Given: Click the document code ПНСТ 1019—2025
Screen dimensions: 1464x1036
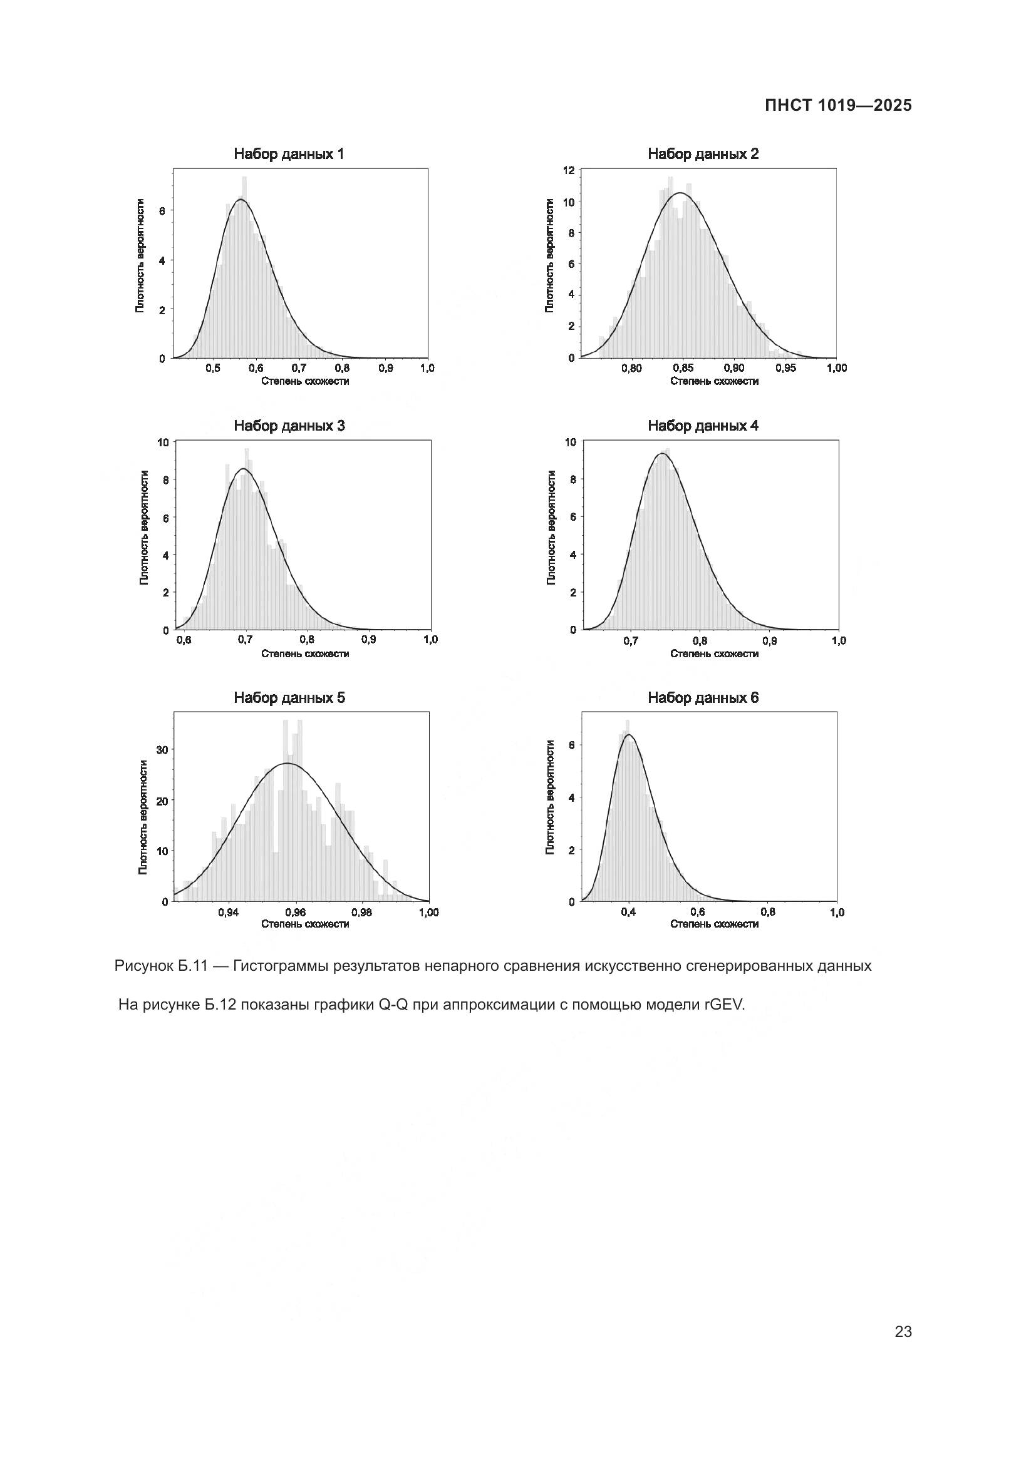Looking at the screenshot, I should (838, 106).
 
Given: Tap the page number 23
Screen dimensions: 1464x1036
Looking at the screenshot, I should (903, 1331).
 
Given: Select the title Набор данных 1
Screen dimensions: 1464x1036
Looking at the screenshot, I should (289, 154).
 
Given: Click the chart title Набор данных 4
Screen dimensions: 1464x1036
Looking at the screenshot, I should (703, 426).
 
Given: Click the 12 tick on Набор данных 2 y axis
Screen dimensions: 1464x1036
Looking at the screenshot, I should (569, 170).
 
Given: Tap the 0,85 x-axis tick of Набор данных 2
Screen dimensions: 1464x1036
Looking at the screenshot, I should (683, 368).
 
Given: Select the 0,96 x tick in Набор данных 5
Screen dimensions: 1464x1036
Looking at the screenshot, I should (296, 913).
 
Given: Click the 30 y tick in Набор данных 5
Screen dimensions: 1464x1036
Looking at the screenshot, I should (162, 750).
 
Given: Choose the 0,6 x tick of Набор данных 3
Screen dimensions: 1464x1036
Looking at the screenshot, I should (183, 640).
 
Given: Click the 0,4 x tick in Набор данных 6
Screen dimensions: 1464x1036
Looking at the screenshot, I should (628, 913).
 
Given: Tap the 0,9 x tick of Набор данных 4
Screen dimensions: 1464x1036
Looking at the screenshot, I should (769, 640).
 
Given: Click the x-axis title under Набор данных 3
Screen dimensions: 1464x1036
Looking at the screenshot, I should (305, 653).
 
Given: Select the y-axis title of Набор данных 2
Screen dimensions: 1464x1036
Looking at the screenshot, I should (549, 255).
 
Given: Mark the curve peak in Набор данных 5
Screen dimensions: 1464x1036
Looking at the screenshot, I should (287, 763).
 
